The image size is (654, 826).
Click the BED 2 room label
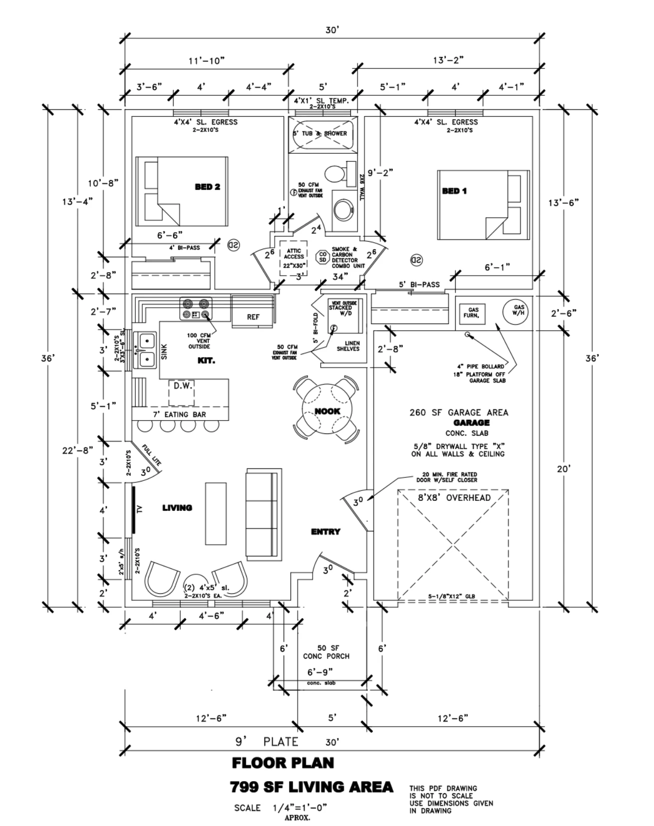[x=207, y=187]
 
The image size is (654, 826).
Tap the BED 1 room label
[x=454, y=191]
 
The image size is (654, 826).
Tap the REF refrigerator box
[x=253, y=317]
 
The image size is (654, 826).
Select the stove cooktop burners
[x=196, y=309]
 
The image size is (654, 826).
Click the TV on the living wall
[x=135, y=509]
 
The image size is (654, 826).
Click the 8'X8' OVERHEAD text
[x=454, y=497]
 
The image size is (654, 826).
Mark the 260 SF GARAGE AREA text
[x=458, y=413]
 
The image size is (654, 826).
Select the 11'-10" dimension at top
[x=206, y=60]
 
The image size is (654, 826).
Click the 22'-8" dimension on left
[x=77, y=450]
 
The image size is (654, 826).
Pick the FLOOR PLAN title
[x=283, y=763]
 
